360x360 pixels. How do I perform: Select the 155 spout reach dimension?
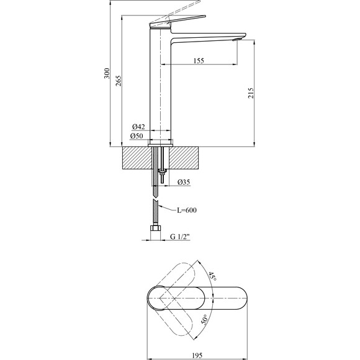(x=199, y=60)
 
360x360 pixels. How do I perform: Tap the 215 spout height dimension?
(x=251, y=93)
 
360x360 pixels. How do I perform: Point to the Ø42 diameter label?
(x=138, y=127)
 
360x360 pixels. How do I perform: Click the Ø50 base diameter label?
(x=137, y=136)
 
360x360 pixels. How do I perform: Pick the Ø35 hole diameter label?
(x=184, y=182)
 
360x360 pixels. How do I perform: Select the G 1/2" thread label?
(x=181, y=236)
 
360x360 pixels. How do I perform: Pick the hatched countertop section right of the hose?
(x=184, y=158)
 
